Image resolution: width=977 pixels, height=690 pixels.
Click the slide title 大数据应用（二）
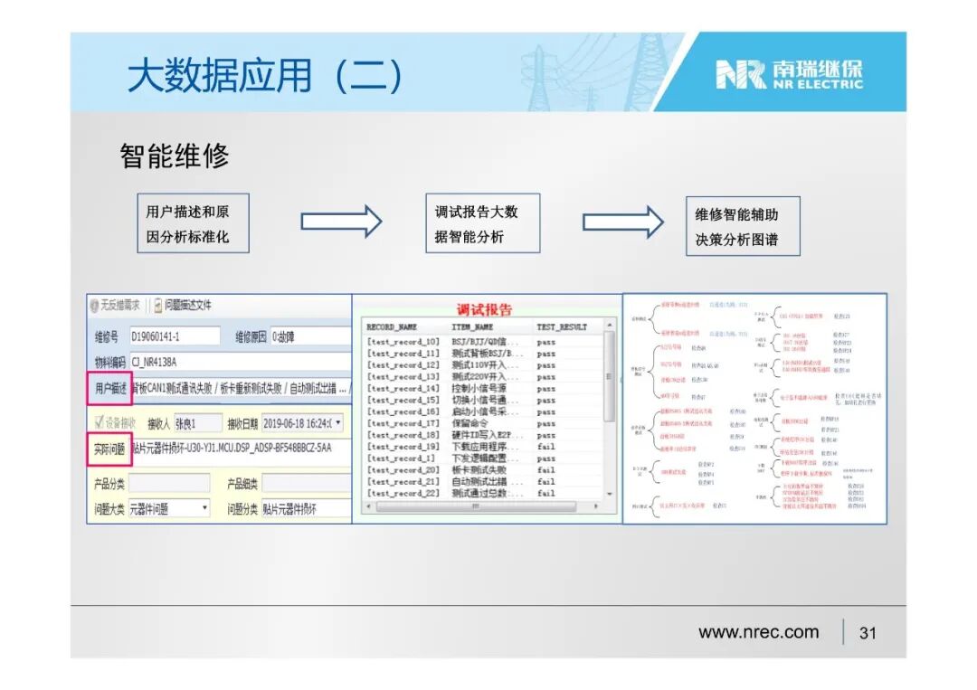point(265,76)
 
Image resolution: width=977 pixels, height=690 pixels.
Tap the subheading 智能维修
point(175,156)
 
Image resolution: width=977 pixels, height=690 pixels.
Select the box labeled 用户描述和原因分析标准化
point(192,223)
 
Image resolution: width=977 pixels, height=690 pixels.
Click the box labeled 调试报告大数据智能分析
point(481,223)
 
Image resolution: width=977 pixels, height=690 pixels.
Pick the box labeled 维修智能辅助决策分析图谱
point(742,226)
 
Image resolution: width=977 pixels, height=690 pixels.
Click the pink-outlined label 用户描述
point(109,388)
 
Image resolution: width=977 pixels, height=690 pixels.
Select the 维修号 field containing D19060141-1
point(175,336)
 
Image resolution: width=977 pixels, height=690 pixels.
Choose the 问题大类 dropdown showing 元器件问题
point(169,509)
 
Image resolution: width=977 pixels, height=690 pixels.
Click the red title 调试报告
point(484,309)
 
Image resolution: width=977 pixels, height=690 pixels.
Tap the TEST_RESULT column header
point(562,326)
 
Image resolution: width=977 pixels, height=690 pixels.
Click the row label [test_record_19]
point(403,447)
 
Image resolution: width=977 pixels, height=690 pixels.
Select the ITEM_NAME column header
point(472,326)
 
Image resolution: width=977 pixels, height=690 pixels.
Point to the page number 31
point(868,633)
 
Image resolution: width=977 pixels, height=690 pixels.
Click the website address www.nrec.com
point(758,632)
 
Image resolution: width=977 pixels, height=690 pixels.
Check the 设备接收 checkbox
point(100,423)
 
